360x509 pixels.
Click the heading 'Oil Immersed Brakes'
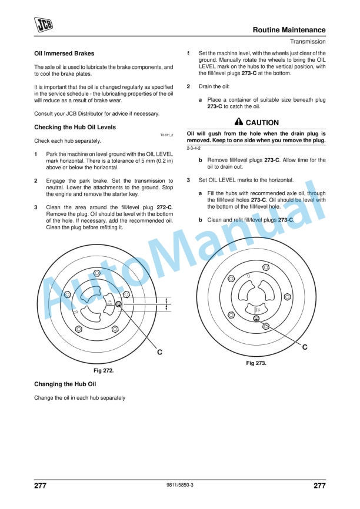(64, 53)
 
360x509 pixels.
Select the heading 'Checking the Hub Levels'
(75, 127)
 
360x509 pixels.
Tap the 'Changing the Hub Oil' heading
(65, 384)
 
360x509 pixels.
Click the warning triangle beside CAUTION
(238, 122)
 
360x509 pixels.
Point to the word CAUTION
(262, 123)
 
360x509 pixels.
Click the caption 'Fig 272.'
(104, 371)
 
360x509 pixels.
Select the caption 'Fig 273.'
(256, 363)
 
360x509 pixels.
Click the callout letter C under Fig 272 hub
(159, 351)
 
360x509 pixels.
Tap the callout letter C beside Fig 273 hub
(305, 347)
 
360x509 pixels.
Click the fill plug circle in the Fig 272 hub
(118, 304)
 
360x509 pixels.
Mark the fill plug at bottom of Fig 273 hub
(256, 319)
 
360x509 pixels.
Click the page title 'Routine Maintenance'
(289, 30)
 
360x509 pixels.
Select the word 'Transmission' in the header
(308, 42)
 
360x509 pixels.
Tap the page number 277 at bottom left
(41, 485)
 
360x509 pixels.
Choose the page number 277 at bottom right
(319, 485)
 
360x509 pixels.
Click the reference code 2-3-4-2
(194, 148)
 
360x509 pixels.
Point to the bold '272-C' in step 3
(165, 207)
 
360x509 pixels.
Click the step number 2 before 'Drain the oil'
(188, 86)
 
